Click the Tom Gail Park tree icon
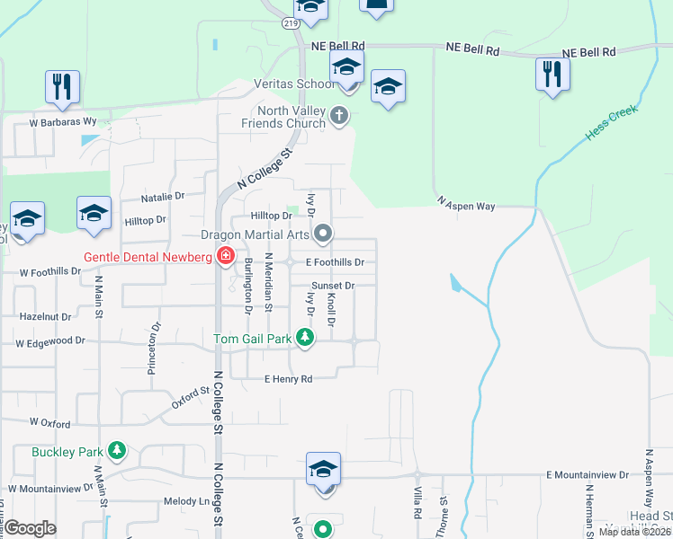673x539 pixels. [306, 338]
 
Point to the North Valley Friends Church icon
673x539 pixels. [339, 115]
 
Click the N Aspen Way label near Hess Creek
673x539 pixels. [466, 205]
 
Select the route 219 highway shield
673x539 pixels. [290, 22]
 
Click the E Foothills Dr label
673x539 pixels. [335, 262]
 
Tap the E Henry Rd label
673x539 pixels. [288, 379]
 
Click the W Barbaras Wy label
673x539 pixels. [62, 120]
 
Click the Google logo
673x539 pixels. [31, 528]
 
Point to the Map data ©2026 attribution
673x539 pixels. [635, 532]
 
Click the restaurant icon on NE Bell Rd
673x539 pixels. [551, 74]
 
